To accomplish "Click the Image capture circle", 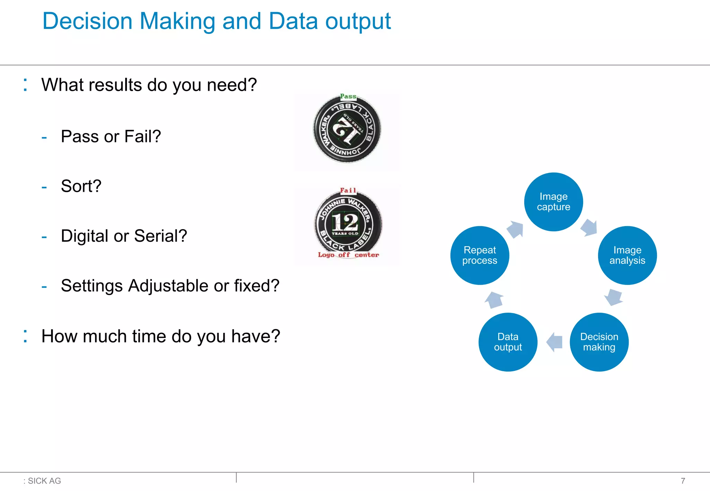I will tap(553, 202).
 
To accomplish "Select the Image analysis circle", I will tap(627, 256).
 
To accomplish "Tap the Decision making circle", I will tap(599, 342).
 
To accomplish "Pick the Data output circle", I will tap(508, 342).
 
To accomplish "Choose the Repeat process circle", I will tap(479, 256).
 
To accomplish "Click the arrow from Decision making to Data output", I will tap(554, 342).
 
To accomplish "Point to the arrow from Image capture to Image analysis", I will tap(589, 227).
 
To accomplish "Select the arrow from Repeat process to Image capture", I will tap(515, 229).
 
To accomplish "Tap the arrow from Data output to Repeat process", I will tap(494, 300).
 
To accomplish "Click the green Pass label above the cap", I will tap(348, 96).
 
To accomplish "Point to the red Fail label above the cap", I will tap(348, 190).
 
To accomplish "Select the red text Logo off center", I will tap(348, 255).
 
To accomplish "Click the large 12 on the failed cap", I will tap(345, 222).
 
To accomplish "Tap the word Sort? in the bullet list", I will tap(81, 186).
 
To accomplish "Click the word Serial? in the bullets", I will tap(161, 236).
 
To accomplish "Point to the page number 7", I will tap(683, 481).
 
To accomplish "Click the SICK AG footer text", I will tap(44, 481).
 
